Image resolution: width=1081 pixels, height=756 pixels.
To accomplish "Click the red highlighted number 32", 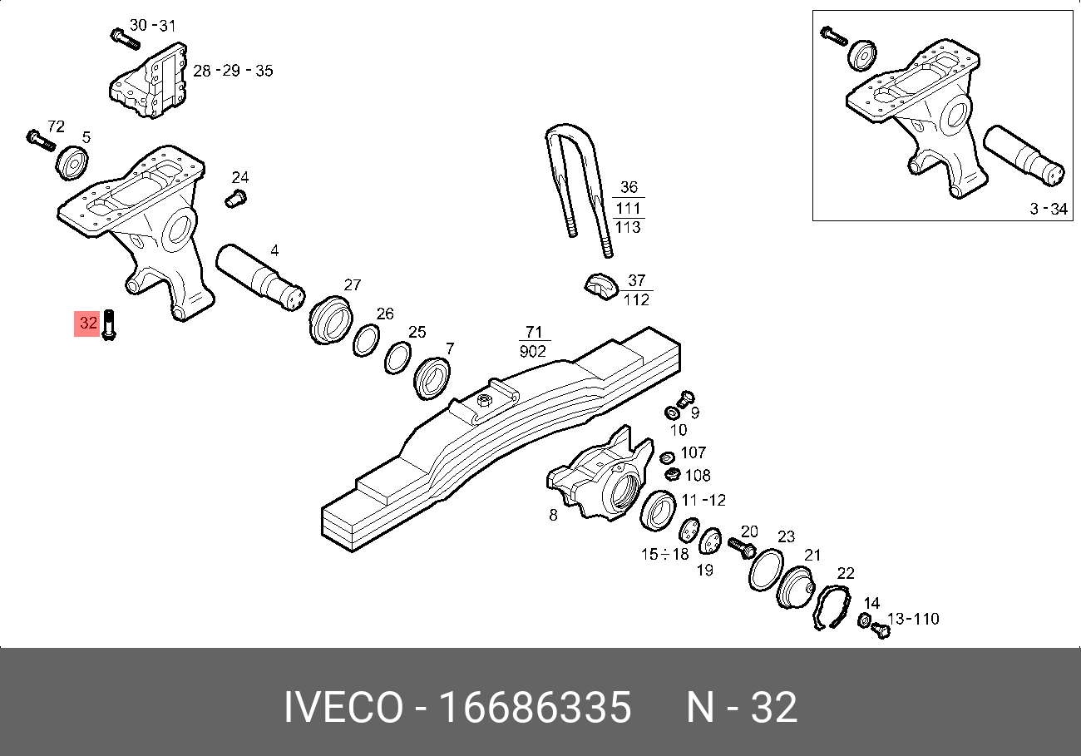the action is (86, 323).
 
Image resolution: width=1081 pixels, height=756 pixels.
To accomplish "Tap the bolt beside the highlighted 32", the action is (108, 324).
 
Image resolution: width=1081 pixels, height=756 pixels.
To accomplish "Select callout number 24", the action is (239, 177).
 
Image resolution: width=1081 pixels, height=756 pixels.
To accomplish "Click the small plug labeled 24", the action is (236, 198).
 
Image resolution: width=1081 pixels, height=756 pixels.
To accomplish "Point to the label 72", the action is (56, 126).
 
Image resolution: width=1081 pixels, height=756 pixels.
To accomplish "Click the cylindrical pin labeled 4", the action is (259, 278).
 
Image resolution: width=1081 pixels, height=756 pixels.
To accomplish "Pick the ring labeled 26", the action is (367, 339).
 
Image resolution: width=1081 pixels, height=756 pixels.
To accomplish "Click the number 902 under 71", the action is (532, 352).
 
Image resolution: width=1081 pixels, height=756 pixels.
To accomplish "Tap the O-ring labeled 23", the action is (766, 571).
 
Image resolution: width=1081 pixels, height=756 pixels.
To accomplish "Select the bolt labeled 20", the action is (739, 547).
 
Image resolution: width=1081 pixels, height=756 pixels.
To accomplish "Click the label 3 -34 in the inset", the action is (1048, 209).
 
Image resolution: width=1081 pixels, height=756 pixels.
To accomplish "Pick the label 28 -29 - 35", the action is (233, 71).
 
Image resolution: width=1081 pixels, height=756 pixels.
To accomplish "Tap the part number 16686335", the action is (535, 707).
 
